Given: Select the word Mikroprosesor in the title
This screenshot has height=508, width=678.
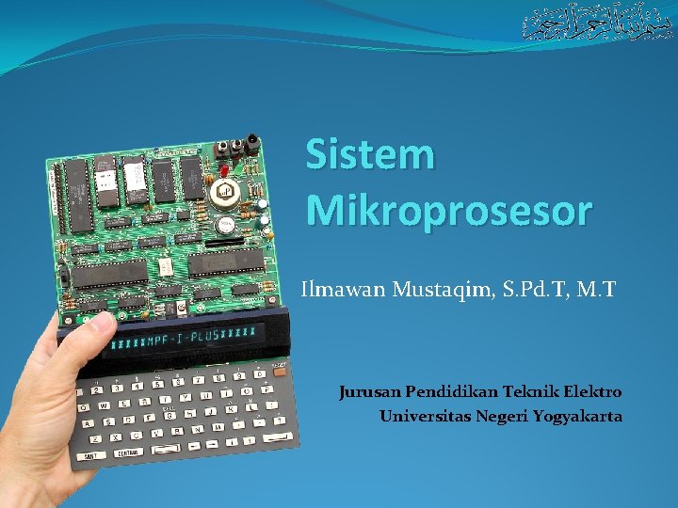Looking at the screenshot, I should tap(449, 211).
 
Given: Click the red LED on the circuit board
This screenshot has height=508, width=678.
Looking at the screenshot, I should tap(226, 169).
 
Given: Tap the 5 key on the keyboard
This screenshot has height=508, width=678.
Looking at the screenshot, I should tap(156, 387).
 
